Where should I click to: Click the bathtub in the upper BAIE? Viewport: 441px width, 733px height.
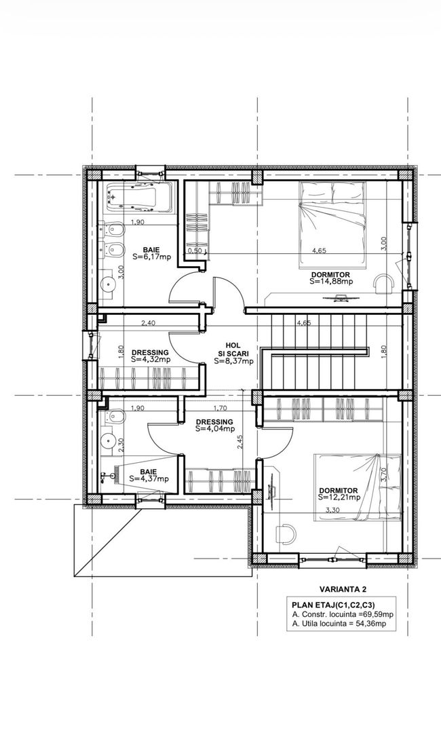pos(139,198)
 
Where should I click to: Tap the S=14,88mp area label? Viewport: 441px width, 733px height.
pos(331,282)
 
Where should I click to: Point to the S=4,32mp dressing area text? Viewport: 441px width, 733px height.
pos(151,360)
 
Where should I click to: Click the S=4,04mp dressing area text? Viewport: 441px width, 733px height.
pos(215,428)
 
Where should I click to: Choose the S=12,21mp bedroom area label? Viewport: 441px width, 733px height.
pos(339,497)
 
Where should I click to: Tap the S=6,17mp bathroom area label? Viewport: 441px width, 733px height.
pos(151,257)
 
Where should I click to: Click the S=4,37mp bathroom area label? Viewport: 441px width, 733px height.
pos(149,478)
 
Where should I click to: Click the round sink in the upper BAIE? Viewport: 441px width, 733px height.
pos(108,283)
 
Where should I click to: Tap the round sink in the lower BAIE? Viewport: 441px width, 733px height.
pos(109,439)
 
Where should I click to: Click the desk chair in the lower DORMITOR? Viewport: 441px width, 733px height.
pos(285,533)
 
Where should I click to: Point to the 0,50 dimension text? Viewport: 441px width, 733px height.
pos(194,250)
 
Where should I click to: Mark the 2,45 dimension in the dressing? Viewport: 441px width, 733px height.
pos(240,442)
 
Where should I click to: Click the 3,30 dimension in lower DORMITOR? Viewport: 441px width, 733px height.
pos(332,510)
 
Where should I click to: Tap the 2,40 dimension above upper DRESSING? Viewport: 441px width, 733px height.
pos(148,322)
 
